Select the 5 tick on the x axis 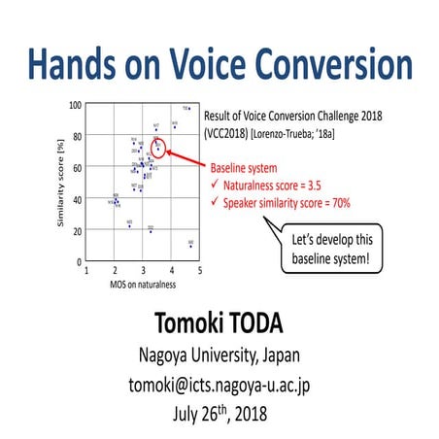[200, 271]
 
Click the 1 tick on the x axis [87, 271]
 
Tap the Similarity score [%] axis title [61, 185]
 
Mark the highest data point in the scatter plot [186, 109]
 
